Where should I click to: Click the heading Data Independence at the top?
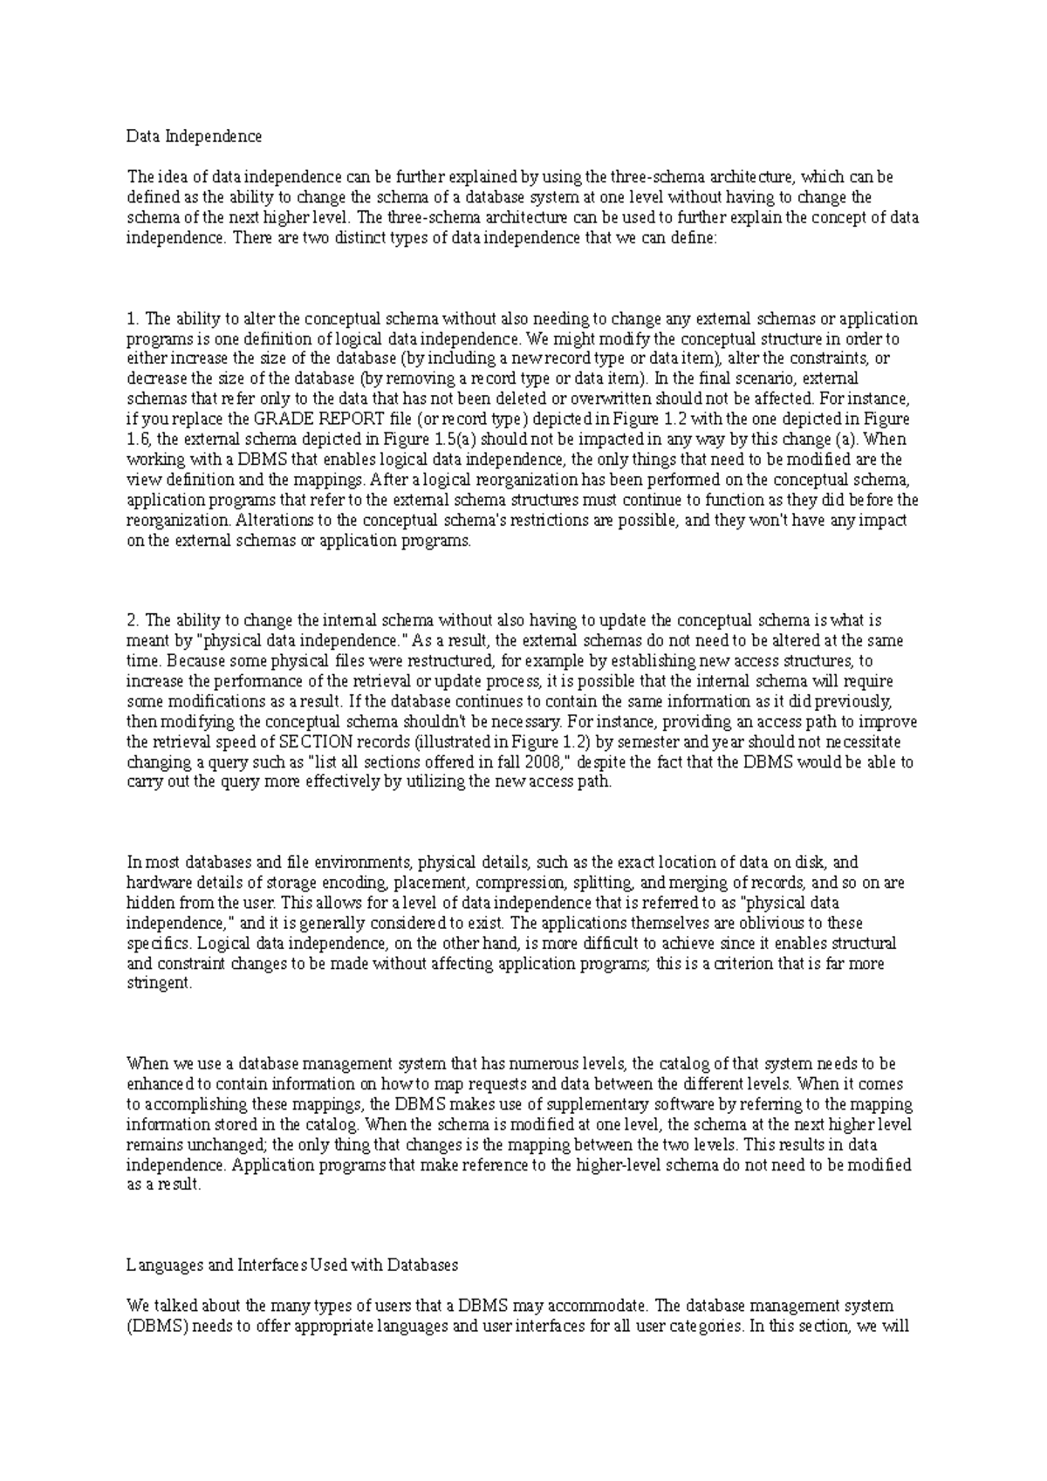pyautogui.click(x=194, y=136)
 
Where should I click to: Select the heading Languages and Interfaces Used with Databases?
pyautogui.click(x=292, y=1265)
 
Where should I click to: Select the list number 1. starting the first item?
pyautogui.click(x=133, y=318)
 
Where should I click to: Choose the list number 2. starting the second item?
pyautogui.click(x=133, y=621)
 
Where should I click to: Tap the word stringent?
pyautogui.click(x=159, y=983)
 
